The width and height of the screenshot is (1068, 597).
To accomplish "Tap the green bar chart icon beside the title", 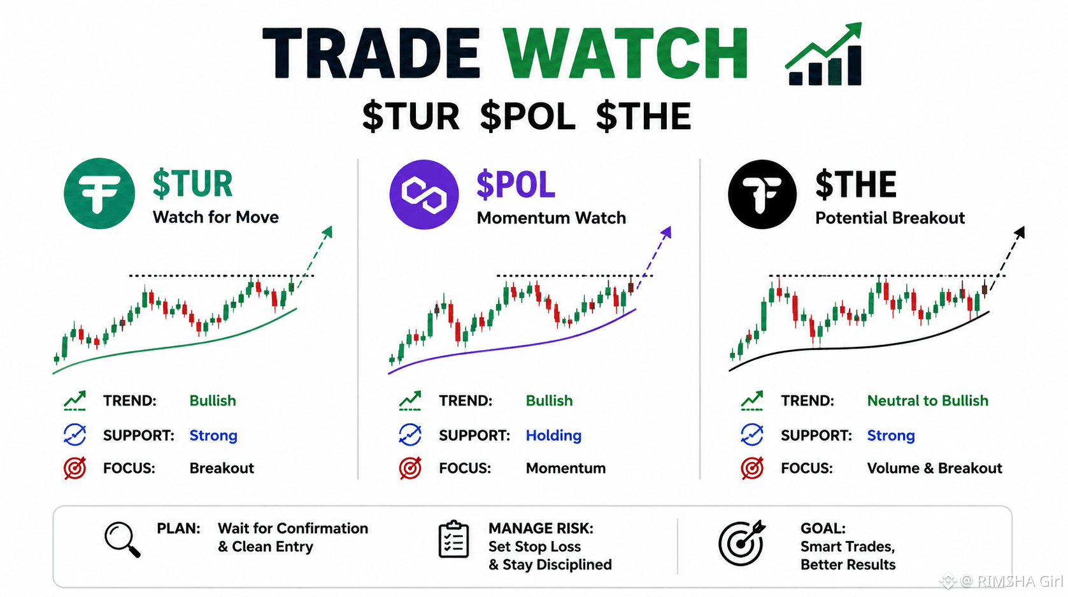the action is (x=824, y=54).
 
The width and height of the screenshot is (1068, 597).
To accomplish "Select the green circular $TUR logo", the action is (x=99, y=193).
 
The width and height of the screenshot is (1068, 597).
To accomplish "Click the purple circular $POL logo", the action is (x=424, y=194).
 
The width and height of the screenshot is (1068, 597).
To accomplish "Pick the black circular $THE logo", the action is (x=762, y=194).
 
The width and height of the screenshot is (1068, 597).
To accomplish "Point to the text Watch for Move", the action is (x=215, y=217).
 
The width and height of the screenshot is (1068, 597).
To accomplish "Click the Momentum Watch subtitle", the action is (x=551, y=218).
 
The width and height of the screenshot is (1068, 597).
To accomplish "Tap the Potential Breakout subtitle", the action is (x=890, y=218).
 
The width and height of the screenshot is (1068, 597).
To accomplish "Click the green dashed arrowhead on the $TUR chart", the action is (x=327, y=232).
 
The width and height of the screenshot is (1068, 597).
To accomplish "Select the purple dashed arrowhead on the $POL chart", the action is (x=666, y=232).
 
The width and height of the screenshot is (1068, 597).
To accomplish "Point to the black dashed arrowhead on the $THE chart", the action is (x=1019, y=232).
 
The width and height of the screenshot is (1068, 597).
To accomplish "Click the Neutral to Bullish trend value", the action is (x=927, y=401).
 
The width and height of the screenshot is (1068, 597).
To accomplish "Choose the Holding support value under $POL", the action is (x=553, y=435).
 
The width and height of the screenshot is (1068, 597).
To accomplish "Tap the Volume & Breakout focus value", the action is (x=934, y=468).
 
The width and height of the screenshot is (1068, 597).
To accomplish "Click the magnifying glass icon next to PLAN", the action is (x=122, y=540).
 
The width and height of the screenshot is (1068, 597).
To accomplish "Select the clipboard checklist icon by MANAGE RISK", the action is (x=453, y=539).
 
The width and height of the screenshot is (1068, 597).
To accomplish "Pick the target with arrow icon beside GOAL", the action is (x=742, y=543).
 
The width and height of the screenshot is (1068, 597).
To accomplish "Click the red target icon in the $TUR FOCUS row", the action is (x=75, y=468).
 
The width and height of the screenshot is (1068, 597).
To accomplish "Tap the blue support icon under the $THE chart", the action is (x=752, y=435).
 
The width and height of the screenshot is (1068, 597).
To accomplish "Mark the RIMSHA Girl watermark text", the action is (x=1011, y=581).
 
